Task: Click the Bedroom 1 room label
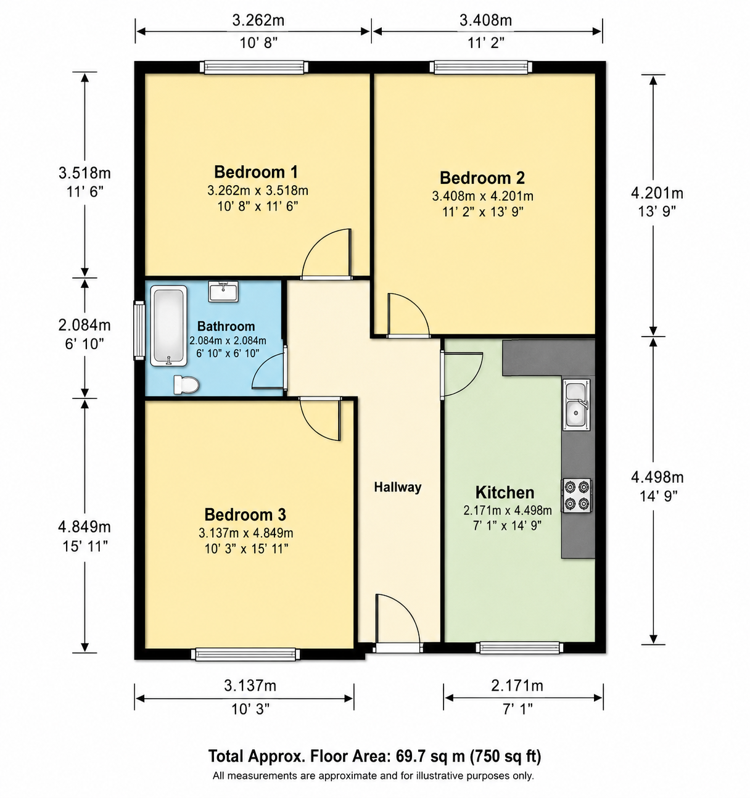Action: (256, 172)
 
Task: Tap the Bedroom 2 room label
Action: (482, 178)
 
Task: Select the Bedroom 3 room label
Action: (245, 514)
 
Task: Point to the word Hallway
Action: (398, 487)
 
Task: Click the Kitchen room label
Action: (505, 492)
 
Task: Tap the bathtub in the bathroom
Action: (169, 326)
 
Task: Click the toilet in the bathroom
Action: (186, 385)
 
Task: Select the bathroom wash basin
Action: (223, 291)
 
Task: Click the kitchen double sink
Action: (576, 405)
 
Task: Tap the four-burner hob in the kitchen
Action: (576, 496)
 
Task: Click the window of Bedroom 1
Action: (255, 67)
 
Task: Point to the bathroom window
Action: (139, 331)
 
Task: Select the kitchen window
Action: (519, 648)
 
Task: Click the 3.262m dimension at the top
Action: (258, 20)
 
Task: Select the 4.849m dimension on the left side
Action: (84, 527)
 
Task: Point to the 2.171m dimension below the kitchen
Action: (517, 685)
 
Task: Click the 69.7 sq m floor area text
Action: (431, 756)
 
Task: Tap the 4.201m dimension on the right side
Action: (657, 193)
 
